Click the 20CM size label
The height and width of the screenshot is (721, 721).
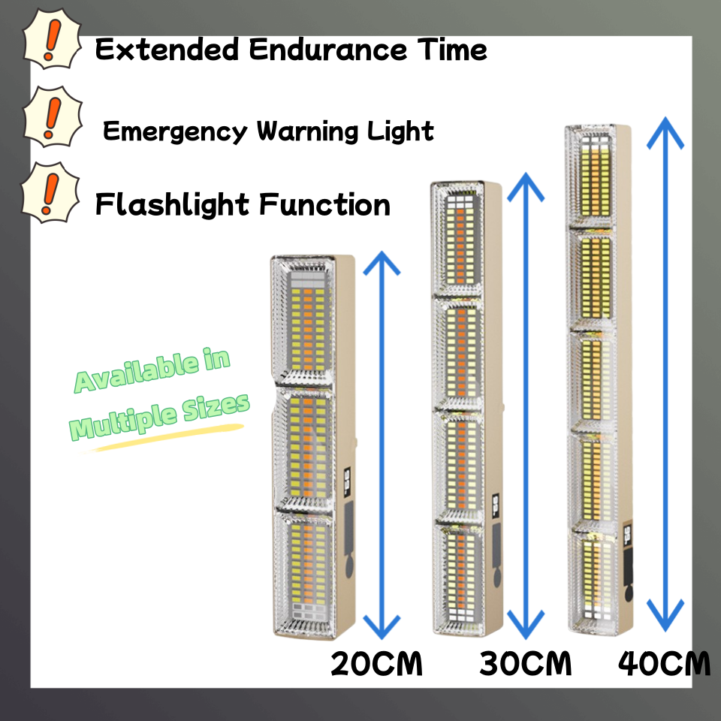(377, 664)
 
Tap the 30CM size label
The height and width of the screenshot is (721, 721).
(526, 664)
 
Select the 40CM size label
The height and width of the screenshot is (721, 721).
(665, 664)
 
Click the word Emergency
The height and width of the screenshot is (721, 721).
(174, 132)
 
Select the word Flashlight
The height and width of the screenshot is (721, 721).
(171, 204)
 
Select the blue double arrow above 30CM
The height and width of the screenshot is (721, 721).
(526, 406)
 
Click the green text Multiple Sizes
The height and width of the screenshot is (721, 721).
(159, 418)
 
